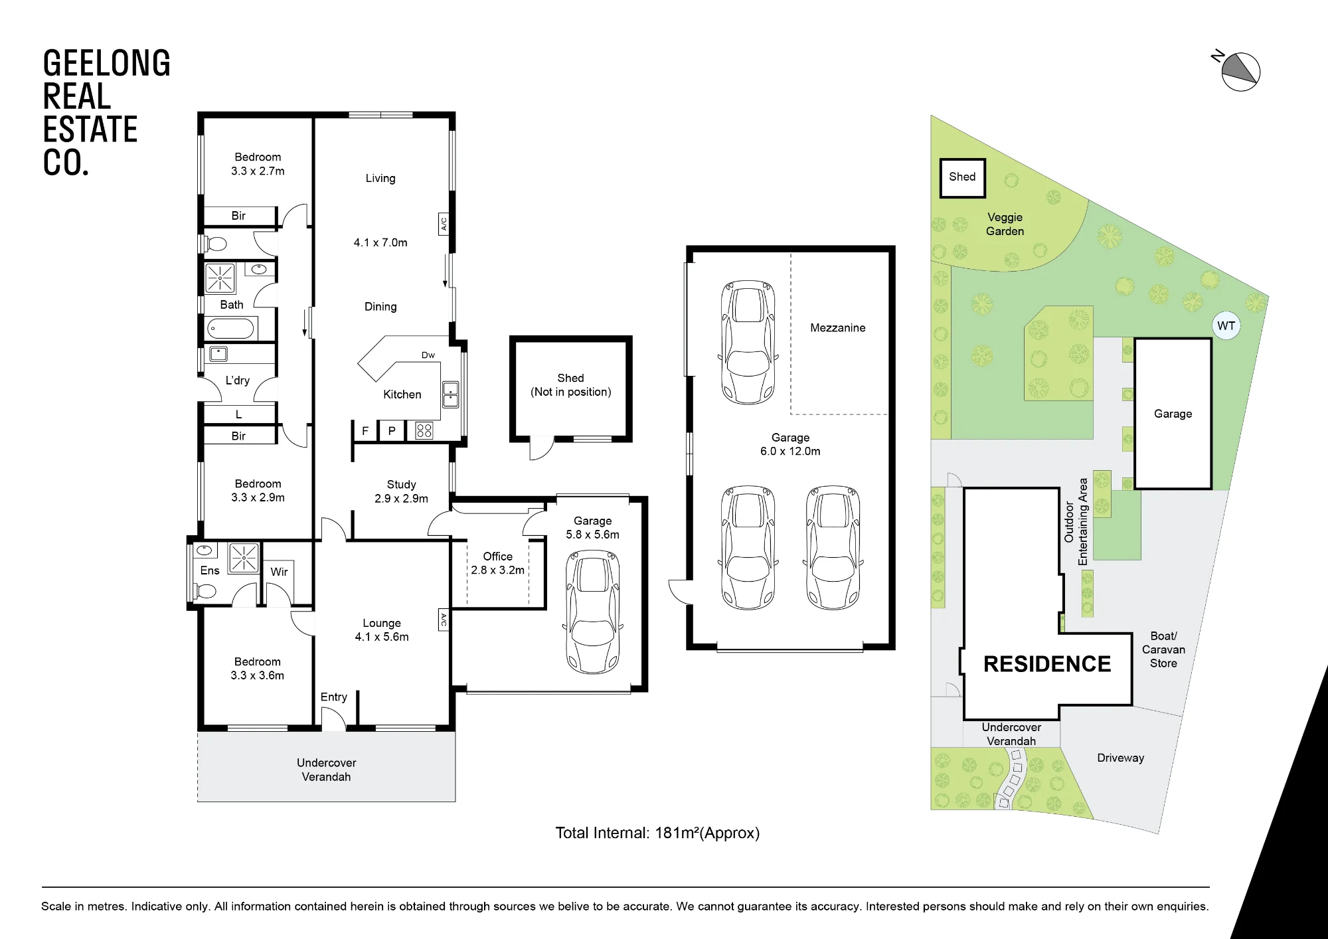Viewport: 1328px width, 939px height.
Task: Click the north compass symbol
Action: click(x=1240, y=72)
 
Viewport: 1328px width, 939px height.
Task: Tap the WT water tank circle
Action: click(x=1226, y=326)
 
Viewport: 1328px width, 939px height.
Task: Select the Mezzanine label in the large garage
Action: click(x=838, y=328)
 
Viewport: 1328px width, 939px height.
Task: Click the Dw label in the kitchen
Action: click(x=428, y=355)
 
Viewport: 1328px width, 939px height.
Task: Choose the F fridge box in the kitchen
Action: click(x=365, y=431)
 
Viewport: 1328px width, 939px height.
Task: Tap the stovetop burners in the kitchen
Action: click(x=424, y=430)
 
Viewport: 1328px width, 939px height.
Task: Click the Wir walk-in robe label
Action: click(x=279, y=572)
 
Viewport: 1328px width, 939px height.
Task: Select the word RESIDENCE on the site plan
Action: click(x=1047, y=664)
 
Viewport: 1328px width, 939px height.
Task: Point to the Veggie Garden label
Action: click(x=1005, y=224)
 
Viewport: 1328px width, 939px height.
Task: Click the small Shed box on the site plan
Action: click(x=962, y=177)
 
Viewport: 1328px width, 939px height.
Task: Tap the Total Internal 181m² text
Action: click(x=657, y=833)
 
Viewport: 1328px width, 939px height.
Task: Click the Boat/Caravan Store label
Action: click(x=1163, y=649)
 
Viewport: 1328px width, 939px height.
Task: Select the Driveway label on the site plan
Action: click(x=1121, y=758)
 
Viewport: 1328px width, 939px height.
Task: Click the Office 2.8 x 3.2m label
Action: click(x=498, y=563)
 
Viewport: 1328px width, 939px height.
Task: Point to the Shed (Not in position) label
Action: click(x=571, y=385)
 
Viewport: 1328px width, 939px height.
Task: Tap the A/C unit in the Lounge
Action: click(x=444, y=620)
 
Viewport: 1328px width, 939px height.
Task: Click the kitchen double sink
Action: click(x=450, y=394)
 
